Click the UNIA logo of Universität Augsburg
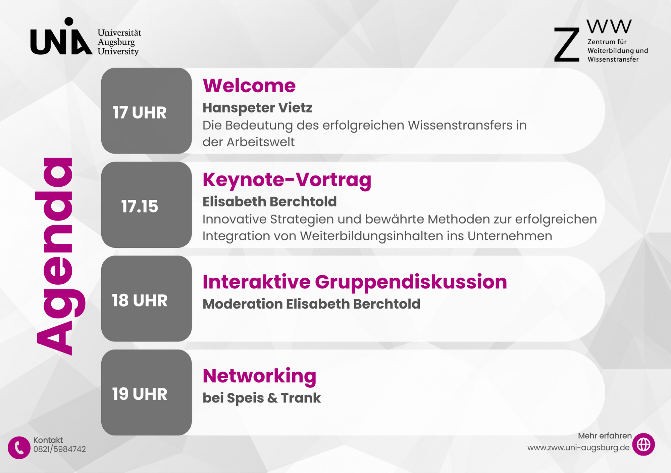pos(61,36)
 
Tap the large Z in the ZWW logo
pos(567,45)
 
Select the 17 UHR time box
pos(147,111)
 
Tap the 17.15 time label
pos(140,206)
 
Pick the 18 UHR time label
pos(140,300)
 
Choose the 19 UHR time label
pos(140,394)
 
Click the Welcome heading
pos(249,86)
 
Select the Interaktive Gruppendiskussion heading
pos(355,282)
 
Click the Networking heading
pos(260,376)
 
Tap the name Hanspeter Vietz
pos(258,108)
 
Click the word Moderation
pos(243,304)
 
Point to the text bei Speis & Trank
pos(262,398)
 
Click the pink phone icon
pos(19,447)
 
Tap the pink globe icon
pos(643,444)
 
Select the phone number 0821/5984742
pos(60,449)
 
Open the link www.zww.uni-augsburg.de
pos(578,448)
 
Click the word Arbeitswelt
pos(261,142)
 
